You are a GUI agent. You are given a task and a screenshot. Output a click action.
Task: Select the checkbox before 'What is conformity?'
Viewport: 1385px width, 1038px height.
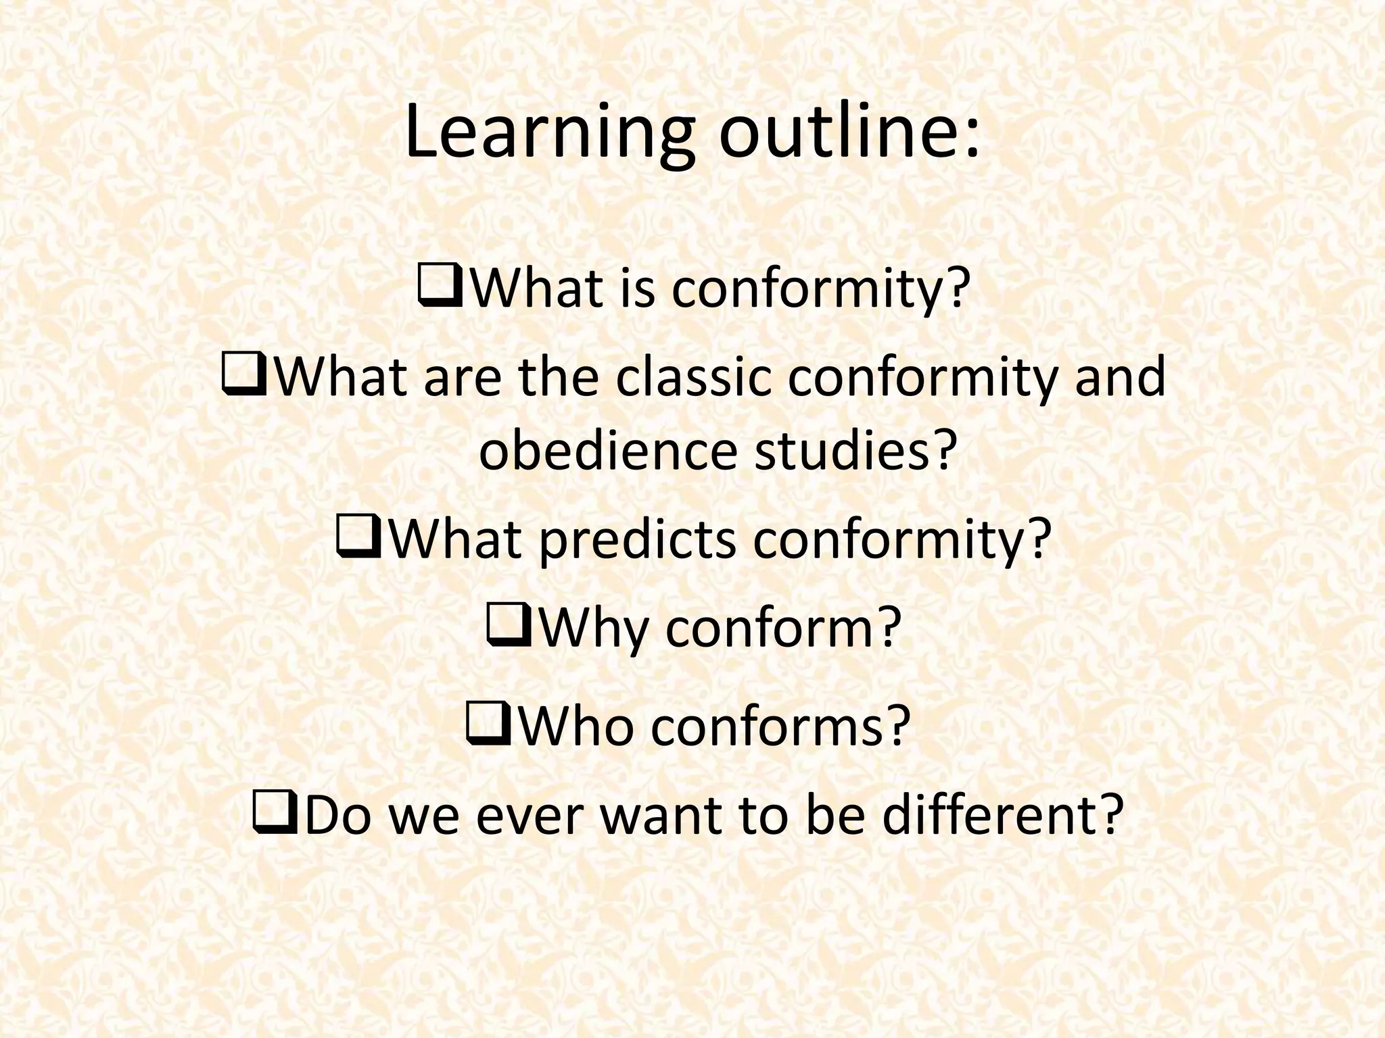pyautogui.click(x=440, y=287)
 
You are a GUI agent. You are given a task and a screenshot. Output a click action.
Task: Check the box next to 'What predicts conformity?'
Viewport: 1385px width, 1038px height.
pyautogui.click(x=359, y=539)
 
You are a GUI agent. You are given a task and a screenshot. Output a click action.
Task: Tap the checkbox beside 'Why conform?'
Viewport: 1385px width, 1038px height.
pyautogui.click(x=509, y=627)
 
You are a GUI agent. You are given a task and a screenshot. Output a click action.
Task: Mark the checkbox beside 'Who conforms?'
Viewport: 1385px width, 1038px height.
pyautogui.click(x=488, y=725)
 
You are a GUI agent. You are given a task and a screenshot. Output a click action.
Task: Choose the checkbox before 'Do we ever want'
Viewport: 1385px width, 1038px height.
pyautogui.click(x=275, y=815)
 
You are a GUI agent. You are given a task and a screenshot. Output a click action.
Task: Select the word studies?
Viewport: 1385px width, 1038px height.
pyautogui.click(x=856, y=451)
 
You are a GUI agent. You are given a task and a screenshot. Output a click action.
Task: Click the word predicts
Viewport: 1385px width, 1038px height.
pyautogui.click(x=636, y=541)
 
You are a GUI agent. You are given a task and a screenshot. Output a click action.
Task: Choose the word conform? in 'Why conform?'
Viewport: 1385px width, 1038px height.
pyautogui.click(x=784, y=628)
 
